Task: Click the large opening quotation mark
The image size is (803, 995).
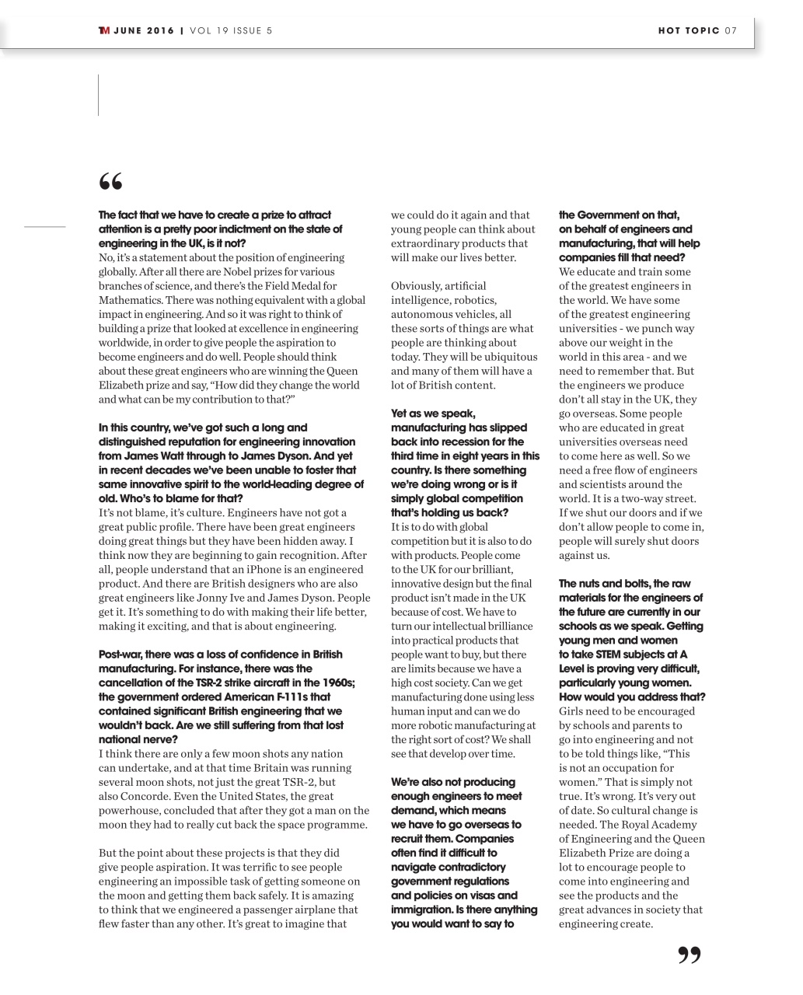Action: click(111, 182)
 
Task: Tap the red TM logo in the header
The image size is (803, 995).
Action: click(103, 31)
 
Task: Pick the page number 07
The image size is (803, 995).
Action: click(731, 31)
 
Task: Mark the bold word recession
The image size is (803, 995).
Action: click(467, 442)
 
